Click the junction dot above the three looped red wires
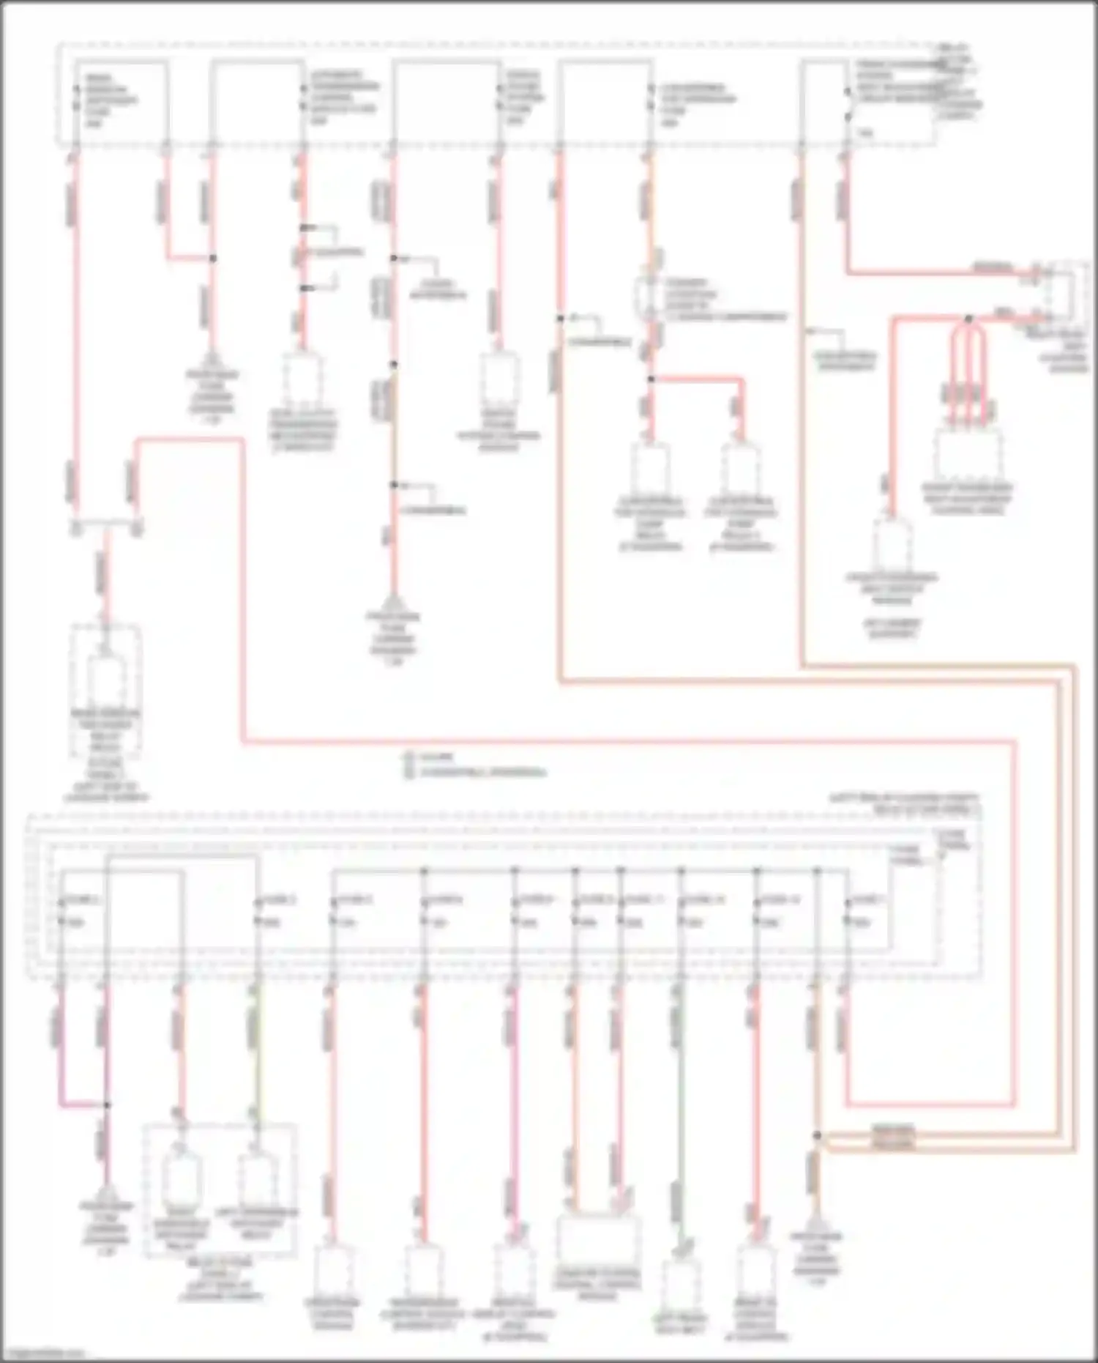[x=968, y=319]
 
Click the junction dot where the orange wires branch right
[x=818, y=1136]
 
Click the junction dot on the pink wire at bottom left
[x=107, y=1104]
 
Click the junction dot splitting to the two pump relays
[x=649, y=379]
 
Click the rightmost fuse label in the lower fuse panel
[x=864, y=910]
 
